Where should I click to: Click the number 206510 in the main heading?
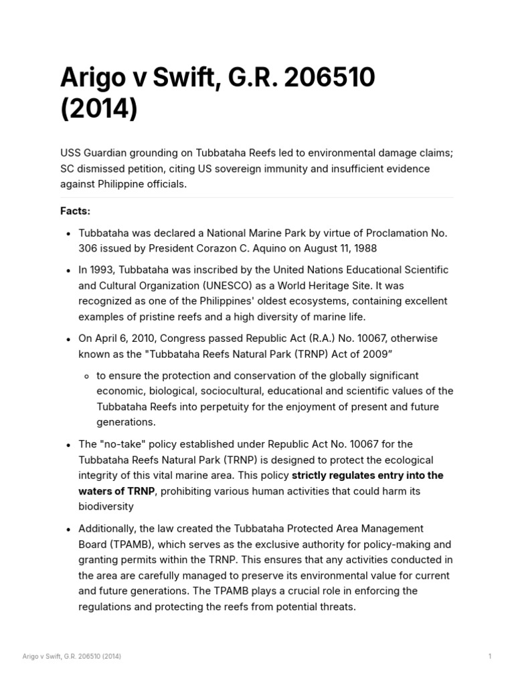pos(330,78)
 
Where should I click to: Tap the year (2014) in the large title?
pos(98,108)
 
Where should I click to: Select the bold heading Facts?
pos(75,211)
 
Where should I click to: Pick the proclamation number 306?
pos(88,248)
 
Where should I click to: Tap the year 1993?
pos(103,270)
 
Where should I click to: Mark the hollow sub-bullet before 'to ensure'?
pos(87,376)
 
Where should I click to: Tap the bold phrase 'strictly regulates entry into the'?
pos(367,475)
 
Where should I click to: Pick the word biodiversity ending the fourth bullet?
pos(106,506)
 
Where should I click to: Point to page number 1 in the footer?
pos(489,656)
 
